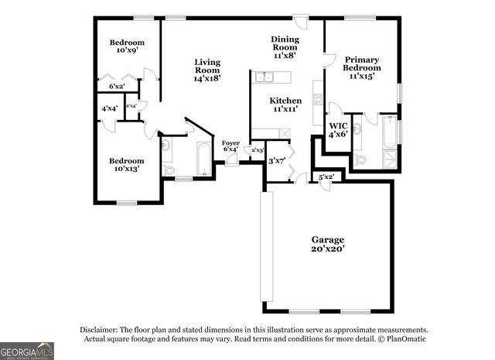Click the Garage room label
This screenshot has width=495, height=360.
tap(328, 245)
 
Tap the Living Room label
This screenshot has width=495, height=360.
tap(207, 70)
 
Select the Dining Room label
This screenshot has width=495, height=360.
tap(285, 47)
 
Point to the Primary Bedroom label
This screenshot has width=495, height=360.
tap(361, 67)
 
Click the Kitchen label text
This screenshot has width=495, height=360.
tap(285, 105)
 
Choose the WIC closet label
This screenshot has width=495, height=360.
tap(338, 129)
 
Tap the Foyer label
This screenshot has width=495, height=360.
tap(230, 146)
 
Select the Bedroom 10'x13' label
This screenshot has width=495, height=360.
tap(126, 164)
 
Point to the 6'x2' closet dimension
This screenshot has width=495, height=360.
tap(118, 87)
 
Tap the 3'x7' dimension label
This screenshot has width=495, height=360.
tap(277, 161)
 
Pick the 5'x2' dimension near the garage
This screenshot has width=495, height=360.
tap(326, 177)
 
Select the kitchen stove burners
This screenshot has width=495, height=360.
tap(317, 99)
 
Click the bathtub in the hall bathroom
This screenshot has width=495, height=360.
tap(204, 159)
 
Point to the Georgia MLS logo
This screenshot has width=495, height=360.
tap(27, 351)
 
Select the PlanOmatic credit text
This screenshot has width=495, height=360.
tap(403, 339)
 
